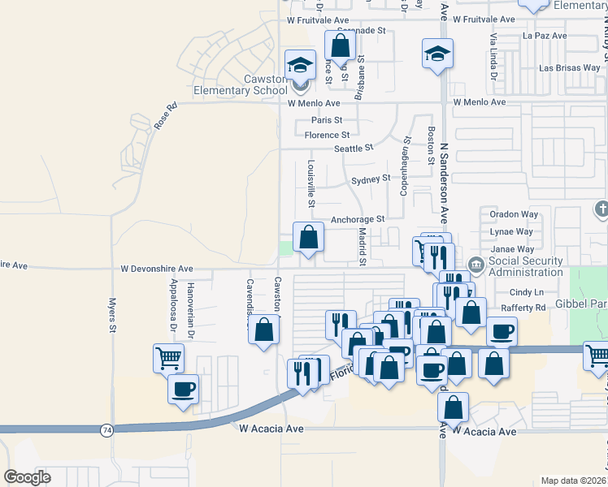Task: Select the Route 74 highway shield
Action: tap(106, 429)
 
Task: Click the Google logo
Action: tap(27, 477)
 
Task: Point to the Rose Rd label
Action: tap(165, 116)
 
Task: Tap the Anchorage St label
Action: tap(357, 219)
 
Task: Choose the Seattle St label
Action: tap(354, 149)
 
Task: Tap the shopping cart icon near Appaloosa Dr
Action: tap(168, 356)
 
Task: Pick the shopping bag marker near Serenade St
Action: tap(341, 45)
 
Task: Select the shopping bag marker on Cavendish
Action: tap(263, 330)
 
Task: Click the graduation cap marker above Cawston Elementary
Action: tap(300, 64)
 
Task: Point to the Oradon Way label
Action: tap(514, 214)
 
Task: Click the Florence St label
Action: tap(327, 135)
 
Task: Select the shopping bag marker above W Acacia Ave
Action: tap(455, 407)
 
